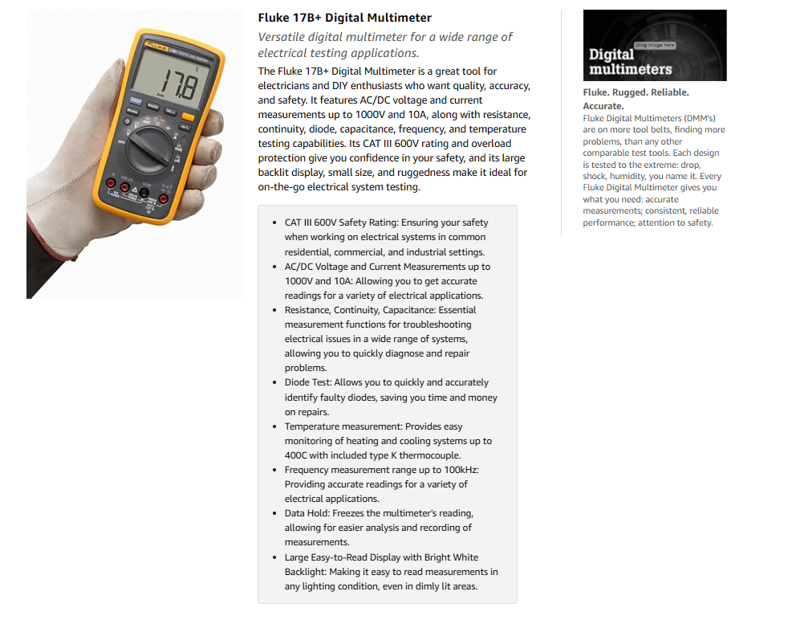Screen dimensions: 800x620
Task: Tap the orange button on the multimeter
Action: (x=188, y=117)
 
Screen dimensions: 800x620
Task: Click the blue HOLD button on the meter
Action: (x=135, y=100)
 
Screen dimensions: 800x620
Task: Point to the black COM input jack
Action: (x=144, y=193)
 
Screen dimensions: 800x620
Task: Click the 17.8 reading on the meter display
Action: (x=180, y=84)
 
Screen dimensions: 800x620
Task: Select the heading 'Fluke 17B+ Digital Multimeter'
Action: (x=344, y=18)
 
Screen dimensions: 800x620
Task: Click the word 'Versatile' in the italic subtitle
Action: (x=281, y=37)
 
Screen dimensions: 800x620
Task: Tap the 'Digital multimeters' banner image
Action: (x=655, y=45)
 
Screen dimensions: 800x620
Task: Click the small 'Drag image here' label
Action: (x=655, y=45)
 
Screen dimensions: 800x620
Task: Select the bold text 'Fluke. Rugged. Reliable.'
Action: (x=636, y=92)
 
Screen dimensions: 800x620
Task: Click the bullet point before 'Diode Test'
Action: (x=274, y=382)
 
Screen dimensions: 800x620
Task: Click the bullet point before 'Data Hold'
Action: (x=274, y=513)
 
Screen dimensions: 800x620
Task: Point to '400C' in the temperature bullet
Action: (x=295, y=455)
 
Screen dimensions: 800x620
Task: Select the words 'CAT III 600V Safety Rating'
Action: (x=341, y=222)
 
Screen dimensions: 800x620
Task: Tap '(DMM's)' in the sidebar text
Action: (x=700, y=118)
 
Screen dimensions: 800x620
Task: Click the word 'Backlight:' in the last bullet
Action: (x=305, y=572)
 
